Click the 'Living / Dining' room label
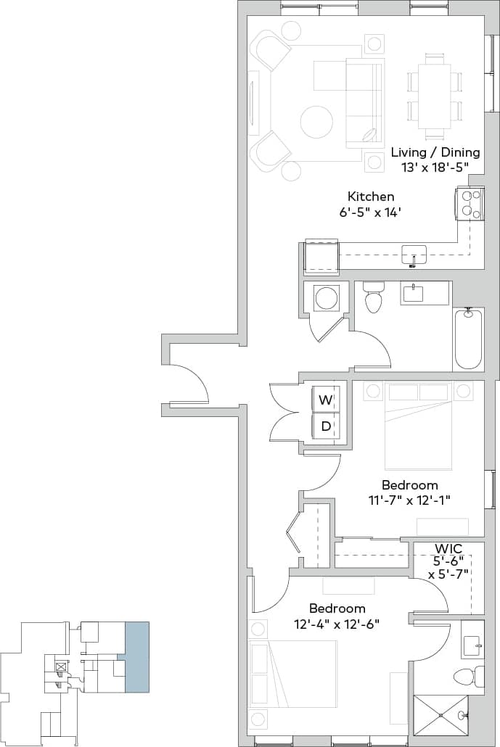click(x=435, y=152)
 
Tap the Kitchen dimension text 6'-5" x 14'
click(x=370, y=212)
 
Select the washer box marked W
click(x=326, y=399)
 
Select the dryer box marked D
click(x=326, y=426)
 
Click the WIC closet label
click(x=449, y=548)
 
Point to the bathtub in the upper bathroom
click(x=467, y=339)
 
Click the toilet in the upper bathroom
click(x=374, y=298)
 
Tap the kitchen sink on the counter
click(x=414, y=254)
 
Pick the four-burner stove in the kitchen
click(x=470, y=203)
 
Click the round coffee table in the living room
click(x=317, y=122)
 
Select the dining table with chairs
click(x=435, y=96)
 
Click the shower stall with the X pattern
click(x=440, y=715)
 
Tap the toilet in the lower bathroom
click(x=464, y=676)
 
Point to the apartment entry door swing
click(x=189, y=384)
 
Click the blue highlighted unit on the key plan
click(x=136, y=656)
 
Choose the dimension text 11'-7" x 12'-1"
click(x=409, y=499)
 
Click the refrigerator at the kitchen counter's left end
click(x=321, y=256)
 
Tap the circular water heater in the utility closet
click(x=325, y=297)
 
